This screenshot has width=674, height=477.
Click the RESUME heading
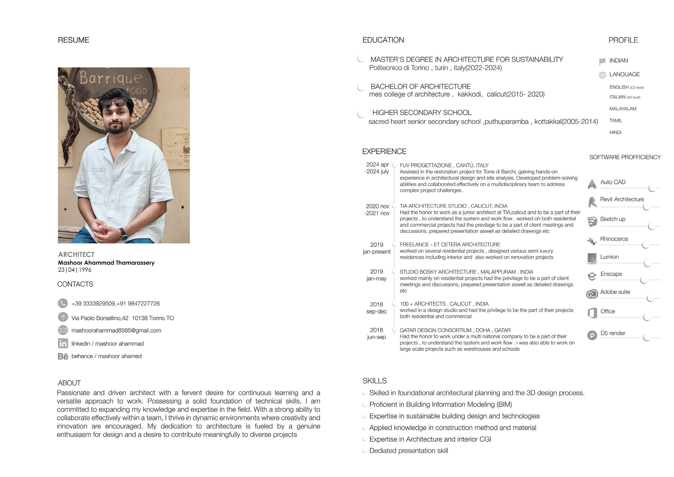(x=73, y=40)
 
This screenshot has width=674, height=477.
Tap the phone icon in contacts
(x=63, y=303)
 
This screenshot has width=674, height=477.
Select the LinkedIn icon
(x=63, y=343)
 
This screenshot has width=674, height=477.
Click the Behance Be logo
(x=63, y=356)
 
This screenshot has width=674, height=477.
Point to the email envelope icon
(x=63, y=330)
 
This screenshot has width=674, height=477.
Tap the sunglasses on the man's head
(x=114, y=103)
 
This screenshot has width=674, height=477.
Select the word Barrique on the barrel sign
(x=110, y=78)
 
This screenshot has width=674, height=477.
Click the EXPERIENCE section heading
(x=384, y=152)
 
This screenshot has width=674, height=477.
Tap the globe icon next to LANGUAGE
(x=602, y=75)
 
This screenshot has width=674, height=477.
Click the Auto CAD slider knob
(x=652, y=188)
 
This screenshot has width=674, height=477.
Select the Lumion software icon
(x=592, y=258)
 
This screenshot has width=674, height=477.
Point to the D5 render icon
(x=592, y=335)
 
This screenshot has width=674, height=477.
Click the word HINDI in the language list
(x=615, y=133)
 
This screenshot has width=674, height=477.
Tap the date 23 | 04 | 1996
(x=75, y=270)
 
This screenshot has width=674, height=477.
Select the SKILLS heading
(x=374, y=381)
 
